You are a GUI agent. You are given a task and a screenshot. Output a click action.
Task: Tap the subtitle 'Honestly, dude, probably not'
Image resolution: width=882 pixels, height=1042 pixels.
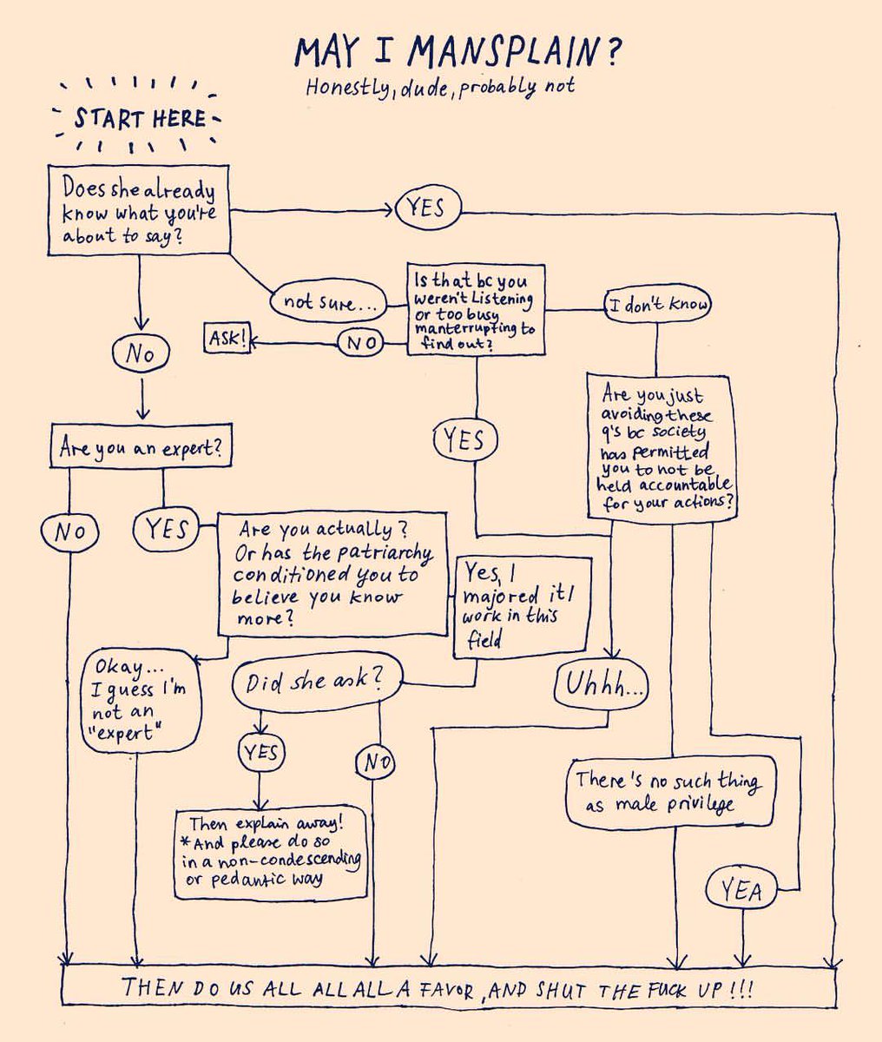point(439,87)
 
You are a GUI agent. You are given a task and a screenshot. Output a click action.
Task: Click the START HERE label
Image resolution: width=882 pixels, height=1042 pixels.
point(139,118)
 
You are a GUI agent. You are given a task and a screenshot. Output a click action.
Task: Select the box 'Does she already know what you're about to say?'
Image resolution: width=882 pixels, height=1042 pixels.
point(139,211)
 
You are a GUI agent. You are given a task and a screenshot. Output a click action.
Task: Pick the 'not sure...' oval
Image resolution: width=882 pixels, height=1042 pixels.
point(329,302)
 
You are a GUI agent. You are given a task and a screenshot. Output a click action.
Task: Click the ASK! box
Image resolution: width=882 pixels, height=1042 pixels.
point(227,340)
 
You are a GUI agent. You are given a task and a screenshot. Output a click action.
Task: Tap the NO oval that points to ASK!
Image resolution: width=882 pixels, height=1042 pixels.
point(360,344)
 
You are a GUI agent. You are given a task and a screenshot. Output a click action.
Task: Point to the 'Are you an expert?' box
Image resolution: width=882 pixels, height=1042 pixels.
point(141,448)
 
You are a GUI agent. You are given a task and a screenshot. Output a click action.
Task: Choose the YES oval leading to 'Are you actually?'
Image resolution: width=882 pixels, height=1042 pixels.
point(166,528)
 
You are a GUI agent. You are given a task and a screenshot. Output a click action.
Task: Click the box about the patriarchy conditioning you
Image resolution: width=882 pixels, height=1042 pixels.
point(332,573)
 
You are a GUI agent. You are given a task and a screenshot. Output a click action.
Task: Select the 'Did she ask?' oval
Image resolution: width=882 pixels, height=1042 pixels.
point(318,683)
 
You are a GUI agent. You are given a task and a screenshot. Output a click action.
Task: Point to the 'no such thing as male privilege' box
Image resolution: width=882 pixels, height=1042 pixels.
point(669,792)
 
